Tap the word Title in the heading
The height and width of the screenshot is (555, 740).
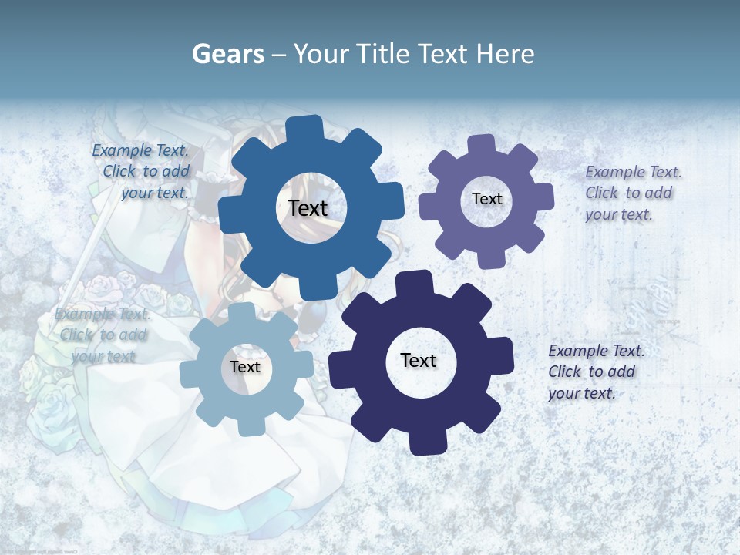pyautogui.click(x=382, y=54)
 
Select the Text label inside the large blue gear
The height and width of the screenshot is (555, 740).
pyautogui.click(x=308, y=208)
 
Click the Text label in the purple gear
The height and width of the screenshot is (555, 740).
pyautogui.click(x=486, y=199)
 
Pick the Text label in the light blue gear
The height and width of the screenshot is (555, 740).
pyautogui.click(x=244, y=367)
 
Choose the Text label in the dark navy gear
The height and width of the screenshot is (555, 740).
pyautogui.click(x=419, y=360)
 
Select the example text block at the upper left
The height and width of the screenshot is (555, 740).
pyautogui.click(x=143, y=172)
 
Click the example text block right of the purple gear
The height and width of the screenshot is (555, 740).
pyautogui.click(x=632, y=193)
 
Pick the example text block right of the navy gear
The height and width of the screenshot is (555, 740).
pyautogui.click(x=595, y=372)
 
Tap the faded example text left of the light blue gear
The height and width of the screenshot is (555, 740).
pyautogui.click(x=103, y=335)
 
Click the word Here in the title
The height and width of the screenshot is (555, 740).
pyautogui.click(x=506, y=54)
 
